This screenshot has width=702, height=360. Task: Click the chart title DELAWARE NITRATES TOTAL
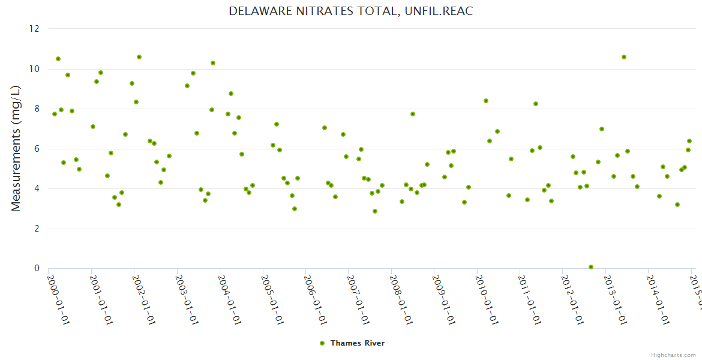(350, 11)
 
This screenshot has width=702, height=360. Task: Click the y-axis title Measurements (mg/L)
(16, 148)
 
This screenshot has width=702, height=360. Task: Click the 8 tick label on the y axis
(36, 109)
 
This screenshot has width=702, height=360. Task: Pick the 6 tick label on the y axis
(36, 149)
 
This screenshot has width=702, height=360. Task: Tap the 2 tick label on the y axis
(36, 229)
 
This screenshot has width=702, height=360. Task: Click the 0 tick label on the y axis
(36, 269)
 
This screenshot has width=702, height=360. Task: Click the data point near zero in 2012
(591, 267)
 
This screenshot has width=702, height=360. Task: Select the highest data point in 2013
(624, 57)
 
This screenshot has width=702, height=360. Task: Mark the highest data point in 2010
(486, 101)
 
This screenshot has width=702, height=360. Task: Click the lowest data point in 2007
(375, 211)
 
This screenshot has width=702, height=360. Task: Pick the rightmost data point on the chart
(689, 141)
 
